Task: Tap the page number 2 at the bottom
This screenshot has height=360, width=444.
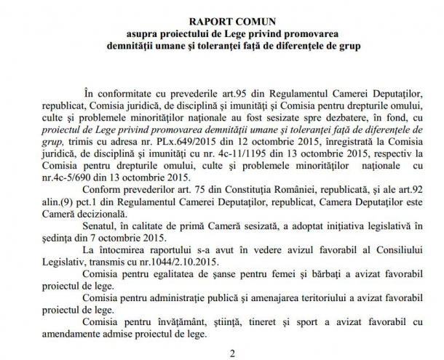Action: click(x=232, y=353)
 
